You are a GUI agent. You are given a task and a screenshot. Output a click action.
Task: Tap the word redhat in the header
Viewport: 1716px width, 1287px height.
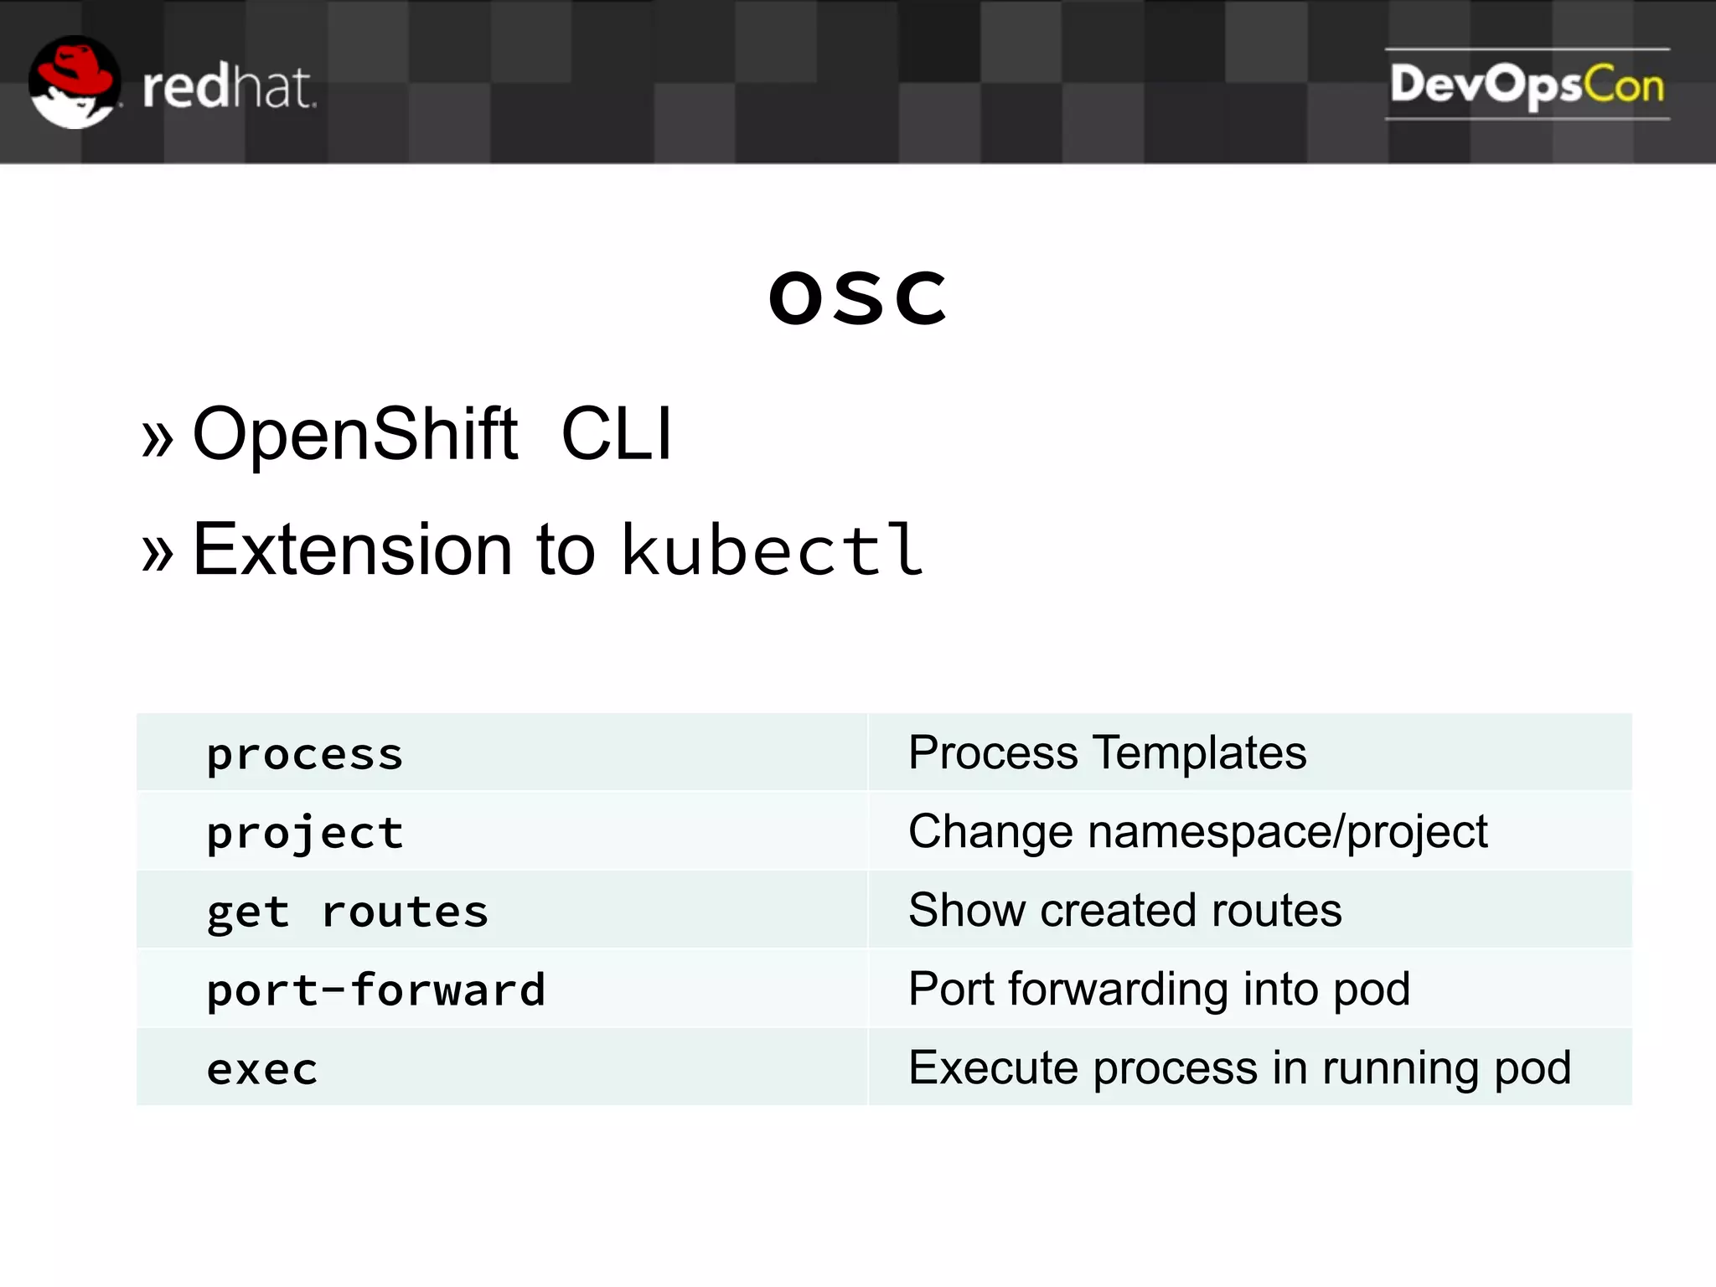click(228, 87)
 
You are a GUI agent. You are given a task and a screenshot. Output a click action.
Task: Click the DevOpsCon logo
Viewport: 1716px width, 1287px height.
click(1527, 85)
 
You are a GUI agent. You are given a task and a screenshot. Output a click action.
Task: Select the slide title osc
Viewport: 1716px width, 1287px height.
click(858, 297)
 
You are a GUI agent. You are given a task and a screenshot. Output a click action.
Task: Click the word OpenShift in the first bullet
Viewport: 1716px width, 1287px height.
click(355, 434)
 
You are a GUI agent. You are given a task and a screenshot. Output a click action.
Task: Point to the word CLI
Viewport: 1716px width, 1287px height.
click(617, 434)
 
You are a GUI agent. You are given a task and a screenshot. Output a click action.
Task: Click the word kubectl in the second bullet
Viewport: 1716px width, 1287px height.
click(772, 550)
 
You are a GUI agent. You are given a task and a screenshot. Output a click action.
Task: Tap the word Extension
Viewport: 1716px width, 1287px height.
click(352, 550)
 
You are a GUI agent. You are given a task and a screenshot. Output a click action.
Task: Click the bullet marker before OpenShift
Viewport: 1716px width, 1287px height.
click(158, 438)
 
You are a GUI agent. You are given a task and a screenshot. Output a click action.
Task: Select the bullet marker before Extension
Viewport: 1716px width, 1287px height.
click(158, 554)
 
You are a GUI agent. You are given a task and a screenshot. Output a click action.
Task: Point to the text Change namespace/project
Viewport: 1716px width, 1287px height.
click(1197, 832)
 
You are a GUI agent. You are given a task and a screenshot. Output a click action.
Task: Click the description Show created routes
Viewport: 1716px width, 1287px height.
click(1124, 910)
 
